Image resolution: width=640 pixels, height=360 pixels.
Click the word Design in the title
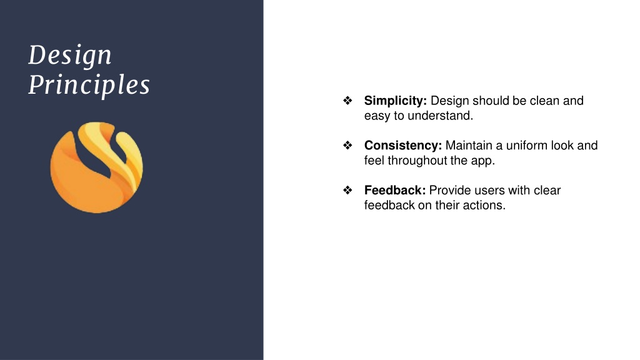[x=70, y=55]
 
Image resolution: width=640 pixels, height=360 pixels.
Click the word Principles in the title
[x=89, y=85]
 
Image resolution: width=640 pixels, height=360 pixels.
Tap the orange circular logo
[x=97, y=167]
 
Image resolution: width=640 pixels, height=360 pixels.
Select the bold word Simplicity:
[x=395, y=101]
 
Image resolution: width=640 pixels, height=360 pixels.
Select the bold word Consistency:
[x=403, y=145]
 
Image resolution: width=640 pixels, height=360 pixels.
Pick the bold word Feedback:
[x=395, y=190]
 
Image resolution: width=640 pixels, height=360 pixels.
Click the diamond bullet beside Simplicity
[x=347, y=101]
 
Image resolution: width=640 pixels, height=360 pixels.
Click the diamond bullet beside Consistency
[x=347, y=145]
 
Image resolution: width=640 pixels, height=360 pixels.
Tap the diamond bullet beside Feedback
[x=347, y=190]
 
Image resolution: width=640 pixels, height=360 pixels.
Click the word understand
[x=441, y=116]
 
